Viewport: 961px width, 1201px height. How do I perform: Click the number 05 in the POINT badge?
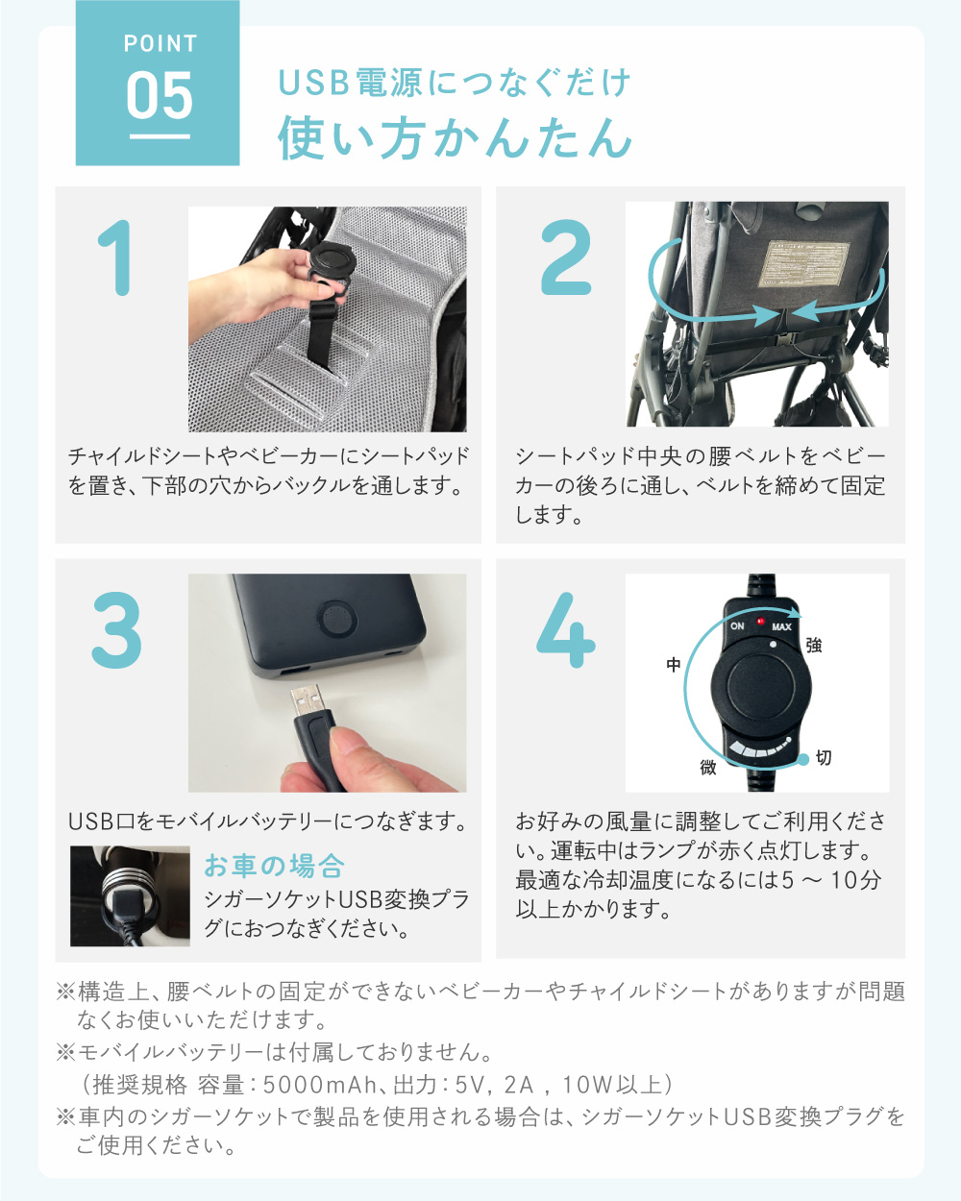point(160,96)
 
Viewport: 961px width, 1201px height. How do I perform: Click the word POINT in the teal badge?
point(160,44)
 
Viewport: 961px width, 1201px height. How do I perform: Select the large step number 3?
point(117,631)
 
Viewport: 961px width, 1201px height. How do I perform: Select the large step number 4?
point(566,631)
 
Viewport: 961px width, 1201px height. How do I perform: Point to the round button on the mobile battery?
point(336,619)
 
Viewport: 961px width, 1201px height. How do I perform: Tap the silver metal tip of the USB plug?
point(307,698)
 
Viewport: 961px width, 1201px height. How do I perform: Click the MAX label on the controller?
point(781,626)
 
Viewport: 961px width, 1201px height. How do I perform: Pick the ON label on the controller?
point(737,625)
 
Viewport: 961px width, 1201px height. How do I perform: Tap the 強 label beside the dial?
point(814,646)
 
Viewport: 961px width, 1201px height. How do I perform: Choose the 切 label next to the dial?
point(824,758)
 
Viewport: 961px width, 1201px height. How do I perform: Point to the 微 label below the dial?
point(708,768)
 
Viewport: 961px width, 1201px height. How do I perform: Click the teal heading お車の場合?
point(274,866)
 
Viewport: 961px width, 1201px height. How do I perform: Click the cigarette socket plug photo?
point(130,895)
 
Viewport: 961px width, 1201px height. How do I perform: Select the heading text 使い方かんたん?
point(456,137)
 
